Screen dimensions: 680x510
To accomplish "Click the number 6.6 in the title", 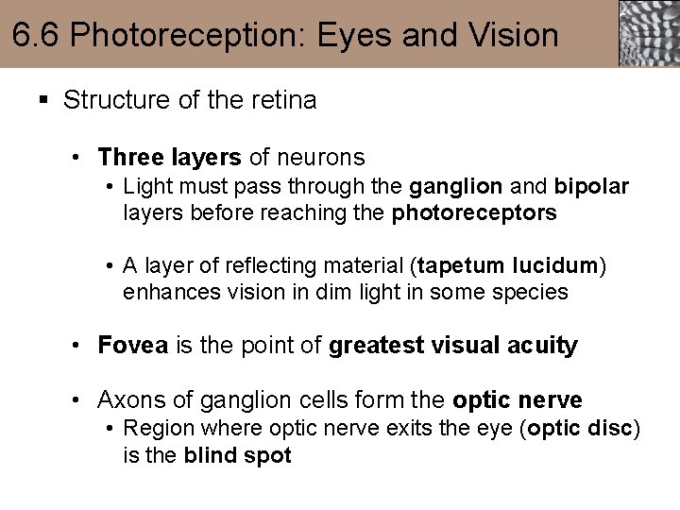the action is (x=37, y=35).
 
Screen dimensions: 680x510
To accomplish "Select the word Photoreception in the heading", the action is (x=184, y=35).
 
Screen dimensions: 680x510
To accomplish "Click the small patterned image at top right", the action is (x=648, y=33).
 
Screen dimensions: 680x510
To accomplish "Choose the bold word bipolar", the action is (x=591, y=186).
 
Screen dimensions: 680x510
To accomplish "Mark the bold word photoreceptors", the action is (x=474, y=212).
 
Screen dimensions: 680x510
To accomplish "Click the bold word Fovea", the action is (x=132, y=346).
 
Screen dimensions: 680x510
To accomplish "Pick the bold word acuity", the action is (x=540, y=346).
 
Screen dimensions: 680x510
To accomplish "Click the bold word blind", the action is (x=212, y=455).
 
